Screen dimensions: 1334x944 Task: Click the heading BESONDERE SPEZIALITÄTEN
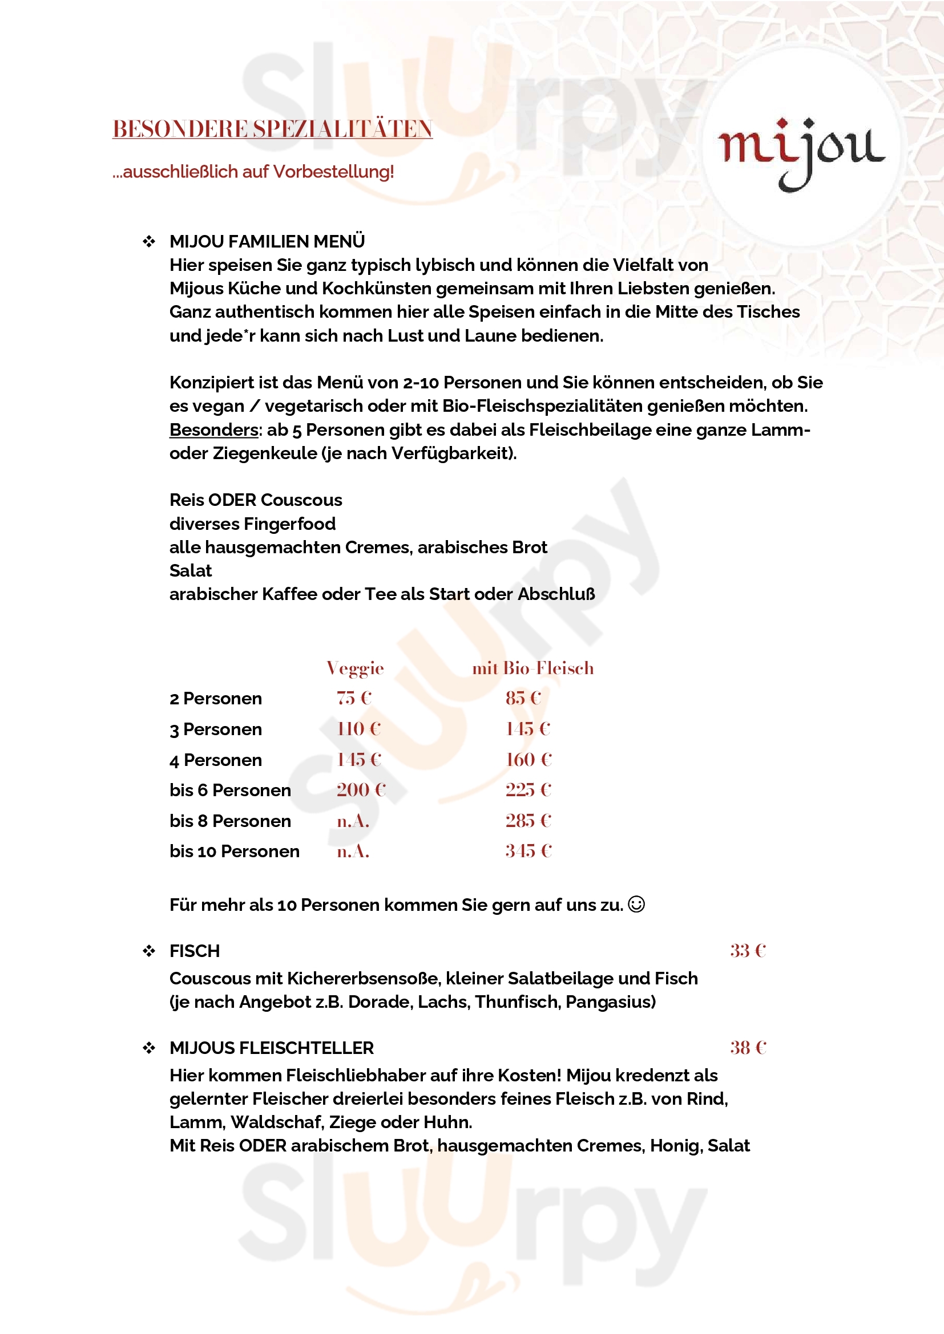pyautogui.click(x=272, y=129)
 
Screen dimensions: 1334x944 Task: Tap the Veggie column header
pyautogui.click(x=354, y=668)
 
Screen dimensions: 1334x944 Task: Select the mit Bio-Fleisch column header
pyautogui.click(x=532, y=668)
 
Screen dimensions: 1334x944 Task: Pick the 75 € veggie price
pyautogui.click(x=353, y=698)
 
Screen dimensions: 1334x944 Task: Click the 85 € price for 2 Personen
pyautogui.click(x=523, y=698)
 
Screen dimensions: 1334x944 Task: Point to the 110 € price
pyautogui.click(x=358, y=728)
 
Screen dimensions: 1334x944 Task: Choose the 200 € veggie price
pyautogui.click(x=360, y=789)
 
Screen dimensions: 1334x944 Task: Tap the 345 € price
pyautogui.click(x=528, y=850)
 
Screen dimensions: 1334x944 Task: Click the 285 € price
pyautogui.click(x=528, y=820)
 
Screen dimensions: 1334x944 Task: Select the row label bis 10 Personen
pyautogui.click(x=234, y=851)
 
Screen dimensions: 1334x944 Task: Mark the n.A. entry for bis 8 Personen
pyautogui.click(x=353, y=821)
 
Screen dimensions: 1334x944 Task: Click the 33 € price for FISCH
pyautogui.click(x=748, y=951)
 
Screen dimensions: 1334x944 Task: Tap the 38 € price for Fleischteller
pyautogui.click(x=748, y=1048)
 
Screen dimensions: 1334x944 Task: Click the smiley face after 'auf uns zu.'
pyautogui.click(x=636, y=904)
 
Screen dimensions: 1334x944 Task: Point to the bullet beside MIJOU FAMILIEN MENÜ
pyautogui.click(x=149, y=241)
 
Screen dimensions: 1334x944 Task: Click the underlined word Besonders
pyautogui.click(x=213, y=430)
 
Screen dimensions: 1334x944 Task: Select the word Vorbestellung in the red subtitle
pyautogui.click(x=333, y=172)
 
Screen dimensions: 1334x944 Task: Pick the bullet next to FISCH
pyautogui.click(x=149, y=951)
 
